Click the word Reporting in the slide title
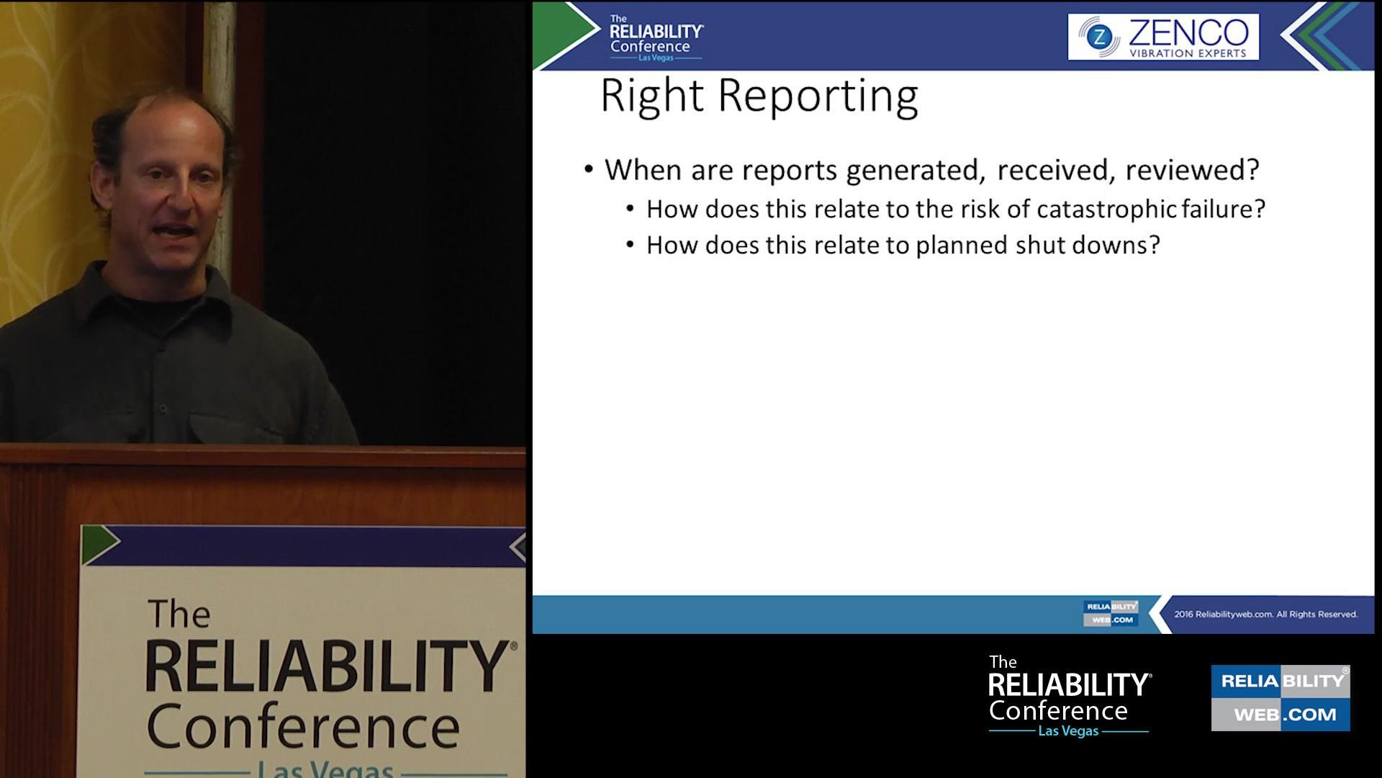[x=818, y=97]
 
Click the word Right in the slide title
[x=651, y=97]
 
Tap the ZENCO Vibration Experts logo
[x=1163, y=37]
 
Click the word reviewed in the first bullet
[x=1191, y=170]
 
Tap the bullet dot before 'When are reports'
[x=589, y=169]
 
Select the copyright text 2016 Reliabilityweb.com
[x=1265, y=614]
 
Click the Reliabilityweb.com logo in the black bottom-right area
[x=1280, y=697]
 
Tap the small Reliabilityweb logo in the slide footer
[x=1111, y=613]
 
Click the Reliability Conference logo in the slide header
[x=655, y=37]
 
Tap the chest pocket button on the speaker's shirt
[x=163, y=409]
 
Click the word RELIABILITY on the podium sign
[x=328, y=667]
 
